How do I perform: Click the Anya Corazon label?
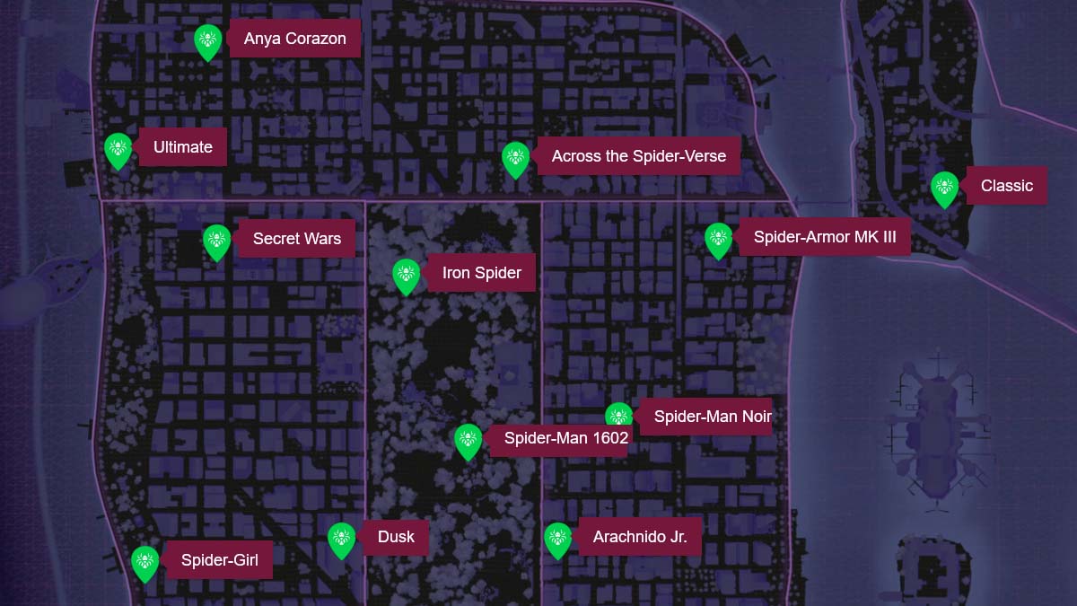point(294,40)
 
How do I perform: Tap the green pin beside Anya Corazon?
point(208,40)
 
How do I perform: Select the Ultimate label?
point(182,147)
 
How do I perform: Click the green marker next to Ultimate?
point(118,149)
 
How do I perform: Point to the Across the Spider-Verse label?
point(638,156)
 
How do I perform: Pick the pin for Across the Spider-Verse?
point(515,159)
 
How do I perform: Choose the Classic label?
point(1006,186)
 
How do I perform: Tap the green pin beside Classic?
point(944,188)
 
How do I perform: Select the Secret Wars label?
point(296,239)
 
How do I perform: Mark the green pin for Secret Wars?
point(216,241)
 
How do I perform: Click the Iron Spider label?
point(481,273)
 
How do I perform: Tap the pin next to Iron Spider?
point(406,275)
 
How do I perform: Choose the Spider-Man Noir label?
point(712,417)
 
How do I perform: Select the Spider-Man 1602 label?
point(565,439)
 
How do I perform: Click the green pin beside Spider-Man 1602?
point(468,440)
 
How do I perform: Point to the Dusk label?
point(396,537)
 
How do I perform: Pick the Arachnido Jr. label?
point(639,538)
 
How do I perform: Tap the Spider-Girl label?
point(219,561)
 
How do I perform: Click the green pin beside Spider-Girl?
point(144,562)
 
